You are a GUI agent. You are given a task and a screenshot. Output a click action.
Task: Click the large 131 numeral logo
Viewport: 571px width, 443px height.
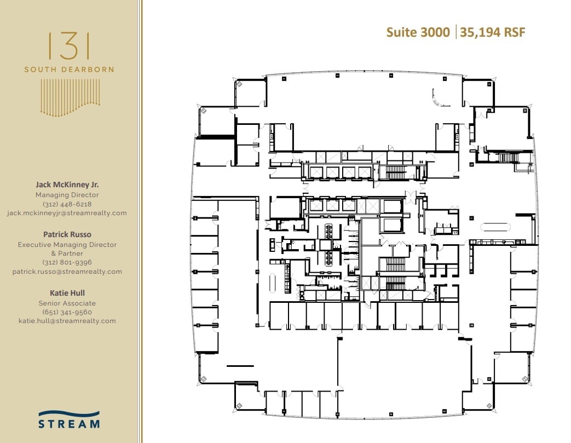point(69,46)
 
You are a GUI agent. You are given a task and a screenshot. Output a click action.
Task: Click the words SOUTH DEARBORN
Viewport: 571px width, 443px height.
point(69,70)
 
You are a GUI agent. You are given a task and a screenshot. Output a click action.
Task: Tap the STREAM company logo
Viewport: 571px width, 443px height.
point(69,419)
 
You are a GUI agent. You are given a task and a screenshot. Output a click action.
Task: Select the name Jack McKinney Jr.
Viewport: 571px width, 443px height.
point(67,185)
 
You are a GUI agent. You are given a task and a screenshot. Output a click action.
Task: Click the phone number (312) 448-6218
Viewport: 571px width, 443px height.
point(67,204)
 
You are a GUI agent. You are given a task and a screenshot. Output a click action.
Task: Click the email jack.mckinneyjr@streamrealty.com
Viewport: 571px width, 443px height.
point(67,213)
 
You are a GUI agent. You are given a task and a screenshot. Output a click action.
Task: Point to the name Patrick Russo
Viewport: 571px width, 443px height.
point(67,234)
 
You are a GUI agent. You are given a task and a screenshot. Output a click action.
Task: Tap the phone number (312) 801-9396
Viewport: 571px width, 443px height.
point(67,262)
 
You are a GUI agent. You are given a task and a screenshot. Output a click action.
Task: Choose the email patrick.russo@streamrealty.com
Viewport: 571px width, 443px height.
point(67,272)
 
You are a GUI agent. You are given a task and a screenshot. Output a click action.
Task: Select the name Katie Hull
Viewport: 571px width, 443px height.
point(67,293)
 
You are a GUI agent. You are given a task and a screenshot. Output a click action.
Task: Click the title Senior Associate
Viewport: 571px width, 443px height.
point(67,303)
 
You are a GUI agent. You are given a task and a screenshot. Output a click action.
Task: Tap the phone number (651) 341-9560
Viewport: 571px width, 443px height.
point(67,312)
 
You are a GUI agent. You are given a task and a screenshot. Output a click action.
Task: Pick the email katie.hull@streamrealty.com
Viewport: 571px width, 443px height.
point(67,321)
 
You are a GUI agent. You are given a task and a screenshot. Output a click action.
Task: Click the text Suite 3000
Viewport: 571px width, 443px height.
point(418,32)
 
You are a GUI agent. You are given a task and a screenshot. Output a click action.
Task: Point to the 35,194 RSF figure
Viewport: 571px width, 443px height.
point(493,32)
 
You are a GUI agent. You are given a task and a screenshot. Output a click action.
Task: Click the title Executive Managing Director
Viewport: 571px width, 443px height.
point(67,245)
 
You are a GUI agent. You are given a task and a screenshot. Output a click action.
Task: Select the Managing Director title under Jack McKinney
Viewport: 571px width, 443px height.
point(67,195)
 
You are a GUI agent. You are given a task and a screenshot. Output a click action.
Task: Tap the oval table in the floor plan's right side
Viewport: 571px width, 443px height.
point(495,227)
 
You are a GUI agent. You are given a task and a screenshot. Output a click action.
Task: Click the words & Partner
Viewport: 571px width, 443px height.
point(67,254)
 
